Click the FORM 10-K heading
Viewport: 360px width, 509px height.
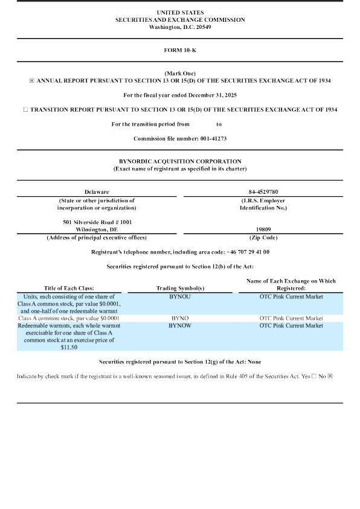coord(179,50)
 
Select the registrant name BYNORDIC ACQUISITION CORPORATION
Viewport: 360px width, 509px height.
coord(180,161)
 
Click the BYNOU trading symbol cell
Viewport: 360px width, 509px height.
coord(179,296)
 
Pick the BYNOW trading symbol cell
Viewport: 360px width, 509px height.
coord(179,325)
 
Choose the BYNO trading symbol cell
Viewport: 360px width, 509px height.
coord(179,318)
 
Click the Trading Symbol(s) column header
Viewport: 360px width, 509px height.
coord(179,288)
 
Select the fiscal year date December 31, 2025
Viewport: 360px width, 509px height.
coord(213,95)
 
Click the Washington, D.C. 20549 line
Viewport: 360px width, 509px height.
coord(179,27)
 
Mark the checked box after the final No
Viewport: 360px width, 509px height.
coord(330,376)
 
